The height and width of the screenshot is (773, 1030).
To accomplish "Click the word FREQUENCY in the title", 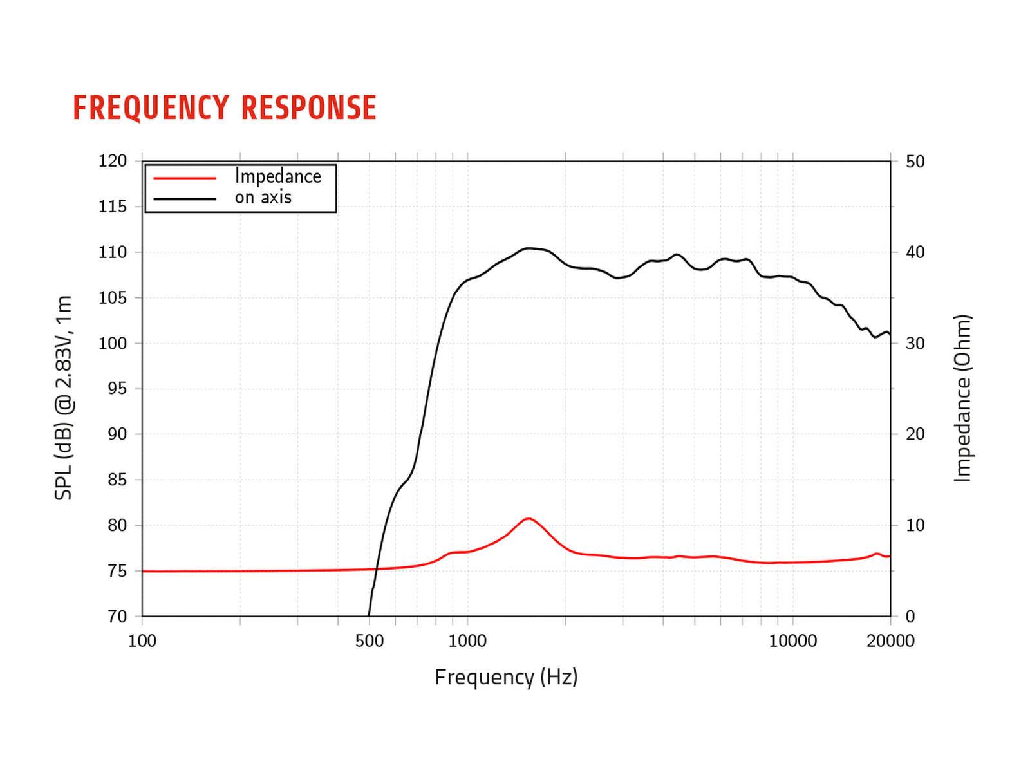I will tap(151, 107).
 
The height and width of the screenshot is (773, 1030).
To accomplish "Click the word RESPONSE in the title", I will tap(309, 107).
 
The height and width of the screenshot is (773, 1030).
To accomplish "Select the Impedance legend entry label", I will tap(277, 176).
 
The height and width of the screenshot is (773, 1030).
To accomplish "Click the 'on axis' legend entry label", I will tap(263, 198).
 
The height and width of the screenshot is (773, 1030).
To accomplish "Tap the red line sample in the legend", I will tap(184, 178).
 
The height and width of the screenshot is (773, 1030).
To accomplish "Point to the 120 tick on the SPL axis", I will tap(113, 161).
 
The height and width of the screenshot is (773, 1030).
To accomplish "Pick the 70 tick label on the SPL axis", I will tap(117, 617).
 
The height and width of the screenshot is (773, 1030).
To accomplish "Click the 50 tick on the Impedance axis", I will tap(915, 162).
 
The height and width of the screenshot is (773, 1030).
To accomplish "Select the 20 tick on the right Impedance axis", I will tap(915, 434).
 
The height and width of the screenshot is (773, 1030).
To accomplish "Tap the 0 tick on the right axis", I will tap(910, 617).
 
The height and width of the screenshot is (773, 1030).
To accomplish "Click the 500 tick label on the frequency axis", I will tap(370, 641).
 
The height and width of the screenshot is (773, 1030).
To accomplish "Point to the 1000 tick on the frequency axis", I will tap(467, 641).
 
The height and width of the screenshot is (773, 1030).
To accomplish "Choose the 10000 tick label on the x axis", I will tap(792, 641).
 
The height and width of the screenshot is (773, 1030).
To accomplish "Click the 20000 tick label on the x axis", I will tap(890, 641).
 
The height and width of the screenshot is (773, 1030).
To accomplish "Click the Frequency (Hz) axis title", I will tap(506, 677).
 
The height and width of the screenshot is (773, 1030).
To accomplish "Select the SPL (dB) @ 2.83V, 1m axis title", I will tap(64, 398).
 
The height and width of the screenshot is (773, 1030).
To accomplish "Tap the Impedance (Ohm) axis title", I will tap(962, 398).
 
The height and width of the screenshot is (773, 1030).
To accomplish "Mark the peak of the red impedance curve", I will tap(529, 518).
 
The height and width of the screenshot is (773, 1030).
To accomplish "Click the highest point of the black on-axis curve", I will tap(529, 248).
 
